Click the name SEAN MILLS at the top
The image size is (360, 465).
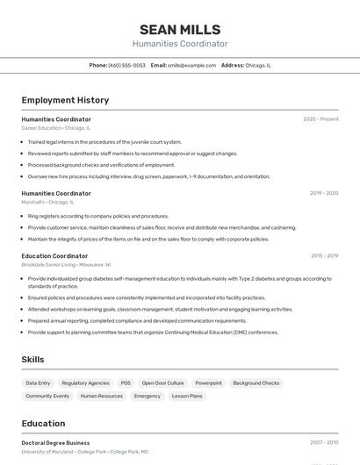(x=180, y=30)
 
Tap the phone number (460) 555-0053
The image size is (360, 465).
(x=126, y=65)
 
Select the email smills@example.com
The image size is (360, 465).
(x=191, y=65)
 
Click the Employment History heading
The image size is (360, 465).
(x=65, y=100)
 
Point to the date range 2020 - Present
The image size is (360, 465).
(x=320, y=119)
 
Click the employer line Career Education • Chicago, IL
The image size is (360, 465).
(x=55, y=128)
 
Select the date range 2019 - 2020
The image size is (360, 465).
(x=324, y=193)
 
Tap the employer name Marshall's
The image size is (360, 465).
(x=32, y=202)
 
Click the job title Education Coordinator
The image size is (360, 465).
(x=54, y=256)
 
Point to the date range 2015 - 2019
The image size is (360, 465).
(x=324, y=256)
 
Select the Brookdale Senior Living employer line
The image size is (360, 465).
(x=66, y=264)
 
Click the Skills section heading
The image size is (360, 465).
(x=32, y=360)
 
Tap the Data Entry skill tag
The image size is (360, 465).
(x=38, y=383)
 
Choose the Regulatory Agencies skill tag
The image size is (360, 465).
(x=85, y=383)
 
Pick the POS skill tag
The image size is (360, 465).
(x=126, y=383)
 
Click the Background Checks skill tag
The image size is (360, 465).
(x=256, y=383)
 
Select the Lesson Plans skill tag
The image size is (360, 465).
(x=187, y=396)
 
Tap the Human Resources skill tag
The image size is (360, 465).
(x=102, y=396)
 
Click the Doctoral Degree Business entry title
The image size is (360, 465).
(x=55, y=443)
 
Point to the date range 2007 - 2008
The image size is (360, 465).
(x=324, y=443)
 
